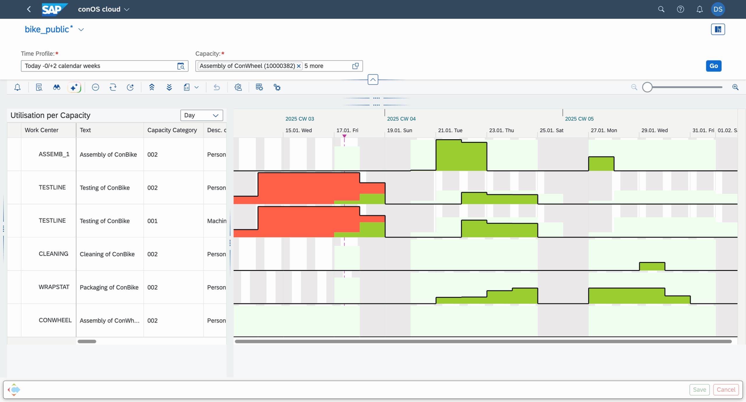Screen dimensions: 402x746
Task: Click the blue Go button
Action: click(713, 66)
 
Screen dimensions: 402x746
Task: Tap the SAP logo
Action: click(54, 9)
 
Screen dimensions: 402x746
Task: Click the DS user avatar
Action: click(718, 9)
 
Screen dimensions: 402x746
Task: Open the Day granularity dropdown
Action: click(201, 115)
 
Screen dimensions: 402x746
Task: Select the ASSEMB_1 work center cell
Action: click(54, 154)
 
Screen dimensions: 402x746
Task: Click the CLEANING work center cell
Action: click(53, 254)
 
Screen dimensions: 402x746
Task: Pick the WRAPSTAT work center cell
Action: click(54, 287)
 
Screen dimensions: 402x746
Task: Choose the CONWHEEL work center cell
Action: click(55, 320)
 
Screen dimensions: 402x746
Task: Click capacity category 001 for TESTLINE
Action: click(152, 221)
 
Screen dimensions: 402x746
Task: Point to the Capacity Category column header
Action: click(172, 130)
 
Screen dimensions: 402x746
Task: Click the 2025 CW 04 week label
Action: click(401, 119)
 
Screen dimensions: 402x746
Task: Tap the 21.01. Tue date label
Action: click(450, 131)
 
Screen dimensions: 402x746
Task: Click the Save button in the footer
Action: click(699, 390)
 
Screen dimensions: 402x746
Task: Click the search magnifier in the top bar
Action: click(661, 9)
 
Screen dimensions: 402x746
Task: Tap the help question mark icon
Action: click(680, 9)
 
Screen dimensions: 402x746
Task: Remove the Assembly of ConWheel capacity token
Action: click(299, 66)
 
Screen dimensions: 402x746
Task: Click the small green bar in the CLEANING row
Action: click(652, 266)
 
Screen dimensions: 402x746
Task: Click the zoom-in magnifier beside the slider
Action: click(735, 87)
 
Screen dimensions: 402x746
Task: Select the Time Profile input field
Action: click(99, 66)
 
